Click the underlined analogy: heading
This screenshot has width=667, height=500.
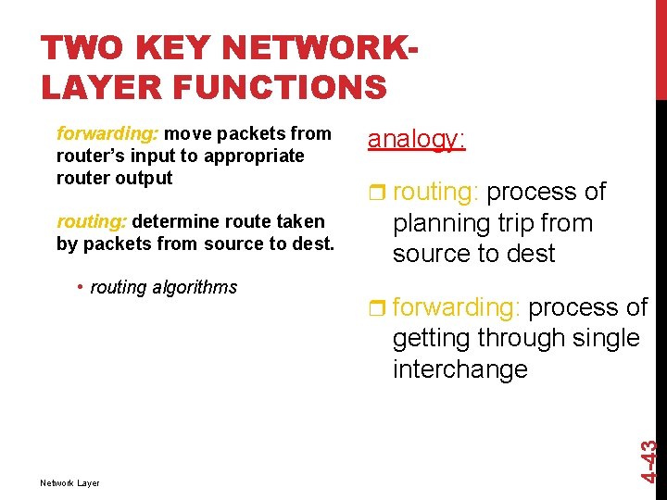[x=416, y=139]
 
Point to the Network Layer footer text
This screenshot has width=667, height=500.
[x=69, y=482]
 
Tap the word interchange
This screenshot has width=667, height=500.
[x=460, y=369]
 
